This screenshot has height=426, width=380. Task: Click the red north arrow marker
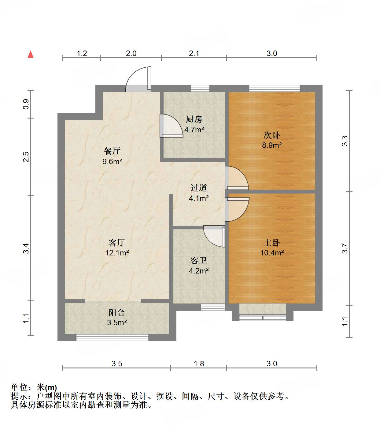[31, 54]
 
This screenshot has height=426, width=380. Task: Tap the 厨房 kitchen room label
[194, 119]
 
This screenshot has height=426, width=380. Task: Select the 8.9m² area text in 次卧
[272, 145]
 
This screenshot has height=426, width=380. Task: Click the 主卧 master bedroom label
[272, 243]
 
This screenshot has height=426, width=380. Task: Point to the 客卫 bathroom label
[199, 261]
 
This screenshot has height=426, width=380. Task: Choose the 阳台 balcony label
[117, 313]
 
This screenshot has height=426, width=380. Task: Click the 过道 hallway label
[199, 188]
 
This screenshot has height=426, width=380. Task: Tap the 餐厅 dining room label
[112, 151]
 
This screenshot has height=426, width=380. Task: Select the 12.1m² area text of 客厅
[117, 253]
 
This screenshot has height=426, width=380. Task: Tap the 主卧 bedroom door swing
[236, 209]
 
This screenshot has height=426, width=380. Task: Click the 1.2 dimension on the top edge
[82, 54]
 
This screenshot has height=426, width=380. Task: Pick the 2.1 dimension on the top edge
[194, 54]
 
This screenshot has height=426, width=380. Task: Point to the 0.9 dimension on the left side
[26, 104]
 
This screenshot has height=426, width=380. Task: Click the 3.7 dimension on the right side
[345, 248]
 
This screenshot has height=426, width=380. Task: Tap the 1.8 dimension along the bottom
[199, 364]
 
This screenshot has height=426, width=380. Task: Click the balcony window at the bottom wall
[112, 337]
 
